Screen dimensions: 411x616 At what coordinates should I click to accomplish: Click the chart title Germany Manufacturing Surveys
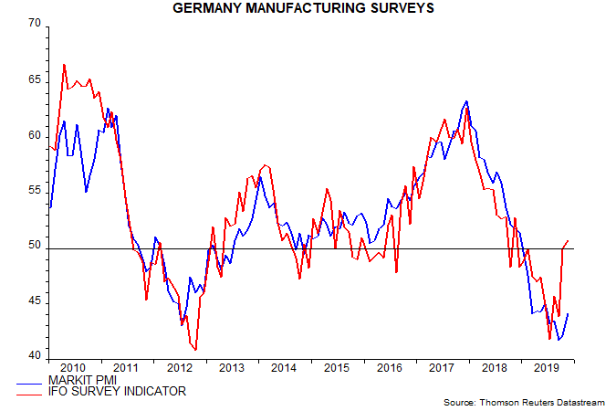[308, 9]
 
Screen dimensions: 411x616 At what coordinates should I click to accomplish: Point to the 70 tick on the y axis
[36, 24]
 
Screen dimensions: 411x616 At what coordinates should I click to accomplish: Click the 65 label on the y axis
[36, 79]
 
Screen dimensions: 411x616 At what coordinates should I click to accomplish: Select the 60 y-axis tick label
[36, 135]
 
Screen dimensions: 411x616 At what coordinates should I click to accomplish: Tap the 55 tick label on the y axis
[36, 191]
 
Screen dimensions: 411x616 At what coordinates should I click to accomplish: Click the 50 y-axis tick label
[36, 247]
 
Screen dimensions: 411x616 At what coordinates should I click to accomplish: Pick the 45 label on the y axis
[36, 301]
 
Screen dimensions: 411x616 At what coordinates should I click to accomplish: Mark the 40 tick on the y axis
[36, 356]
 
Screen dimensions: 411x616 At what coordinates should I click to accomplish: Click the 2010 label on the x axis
[74, 368]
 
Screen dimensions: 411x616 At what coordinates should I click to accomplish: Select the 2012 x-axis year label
[179, 368]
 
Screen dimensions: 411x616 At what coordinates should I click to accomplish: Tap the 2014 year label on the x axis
[285, 368]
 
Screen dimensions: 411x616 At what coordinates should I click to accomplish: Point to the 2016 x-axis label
[390, 368]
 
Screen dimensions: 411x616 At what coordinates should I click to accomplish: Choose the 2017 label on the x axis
[443, 368]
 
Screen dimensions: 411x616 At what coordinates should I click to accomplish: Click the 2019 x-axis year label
[548, 368]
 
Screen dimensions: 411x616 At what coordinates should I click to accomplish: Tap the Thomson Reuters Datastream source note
[527, 403]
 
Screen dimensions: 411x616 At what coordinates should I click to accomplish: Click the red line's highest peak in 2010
[64, 64]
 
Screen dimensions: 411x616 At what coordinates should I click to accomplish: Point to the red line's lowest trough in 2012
[196, 350]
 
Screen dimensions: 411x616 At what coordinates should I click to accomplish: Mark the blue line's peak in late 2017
[466, 100]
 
